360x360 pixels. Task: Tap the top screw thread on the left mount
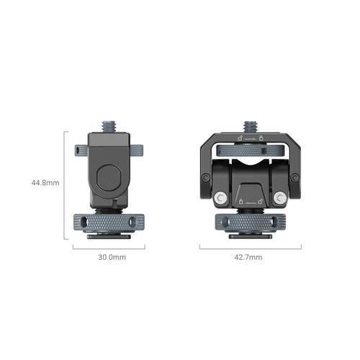(x=109, y=125)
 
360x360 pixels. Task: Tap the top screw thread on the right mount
(x=251, y=126)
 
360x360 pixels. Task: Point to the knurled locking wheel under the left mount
(x=109, y=221)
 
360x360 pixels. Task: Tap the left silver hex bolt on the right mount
(x=220, y=197)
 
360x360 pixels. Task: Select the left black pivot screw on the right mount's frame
(x=206, y=177)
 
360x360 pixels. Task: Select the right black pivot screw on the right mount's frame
(x=295, y=177)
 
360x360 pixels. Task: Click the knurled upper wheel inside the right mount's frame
(x=251, y=150)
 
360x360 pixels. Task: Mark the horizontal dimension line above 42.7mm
(x=251, y=248)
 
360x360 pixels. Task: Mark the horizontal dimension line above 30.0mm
(x=109, y=248)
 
